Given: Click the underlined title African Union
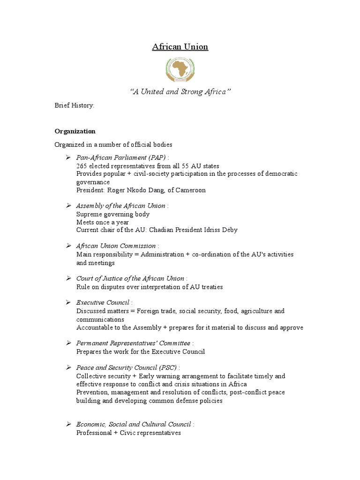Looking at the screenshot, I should [x=180, y=47].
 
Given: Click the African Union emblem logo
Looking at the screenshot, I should [x=180, y=69].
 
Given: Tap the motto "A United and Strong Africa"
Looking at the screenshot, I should [x=180, y=92].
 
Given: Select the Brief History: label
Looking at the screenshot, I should [x=75, y=105].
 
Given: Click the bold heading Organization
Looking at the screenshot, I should [x=75, y=131].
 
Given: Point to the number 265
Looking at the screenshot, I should [x=82, y=166].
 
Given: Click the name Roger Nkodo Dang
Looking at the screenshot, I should [x=136, y=190].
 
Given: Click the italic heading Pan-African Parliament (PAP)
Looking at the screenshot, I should [x=121, y=158].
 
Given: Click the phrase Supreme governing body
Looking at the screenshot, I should [x=113, y=214].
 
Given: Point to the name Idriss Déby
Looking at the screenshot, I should [x=220, y=230].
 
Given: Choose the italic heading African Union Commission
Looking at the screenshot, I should [x=116, y=246].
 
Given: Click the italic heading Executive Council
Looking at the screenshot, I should [x=103, y=303].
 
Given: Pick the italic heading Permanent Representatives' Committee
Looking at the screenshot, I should [x=133, y=344].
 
